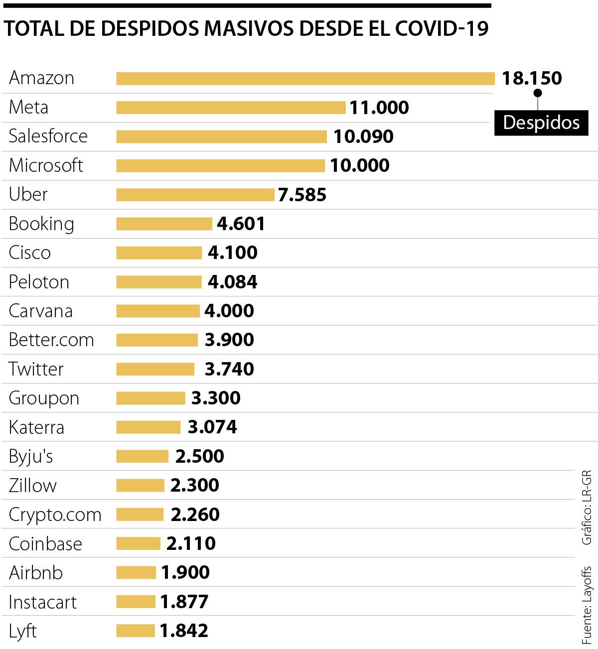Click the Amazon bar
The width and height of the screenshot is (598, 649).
click(x=305, y=79)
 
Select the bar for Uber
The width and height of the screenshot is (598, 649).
click(x=195, y=195)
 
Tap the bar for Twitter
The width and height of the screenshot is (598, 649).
click(x=155, y=369)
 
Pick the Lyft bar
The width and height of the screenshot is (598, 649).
click(x=136, y=631)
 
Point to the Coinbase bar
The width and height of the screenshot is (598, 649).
click(x=138, y=543)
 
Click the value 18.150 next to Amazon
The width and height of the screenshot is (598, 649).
click(x=532, y=78)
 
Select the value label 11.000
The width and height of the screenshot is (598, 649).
click(x=379, y=108)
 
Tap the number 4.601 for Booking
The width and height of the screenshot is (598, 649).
click(x=241, y=224)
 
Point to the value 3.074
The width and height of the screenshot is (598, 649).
click(x=212, y=427)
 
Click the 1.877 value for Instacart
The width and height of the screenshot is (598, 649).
click(x=184, y=602)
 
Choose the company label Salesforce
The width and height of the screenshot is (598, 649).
click(x=48, y=136)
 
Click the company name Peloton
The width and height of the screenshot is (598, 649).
click(x=39, y=282)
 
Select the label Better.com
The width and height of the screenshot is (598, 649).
click(x=51, y=340)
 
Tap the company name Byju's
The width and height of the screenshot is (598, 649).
click(x=31, y=456)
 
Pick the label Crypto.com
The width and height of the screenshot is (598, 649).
click(x=55, y=515)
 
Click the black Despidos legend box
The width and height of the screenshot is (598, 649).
click(x=541, y=123)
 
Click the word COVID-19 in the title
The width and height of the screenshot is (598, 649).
click(x=442, y=29)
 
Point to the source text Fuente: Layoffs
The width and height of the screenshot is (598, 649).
click(x=588, y=605)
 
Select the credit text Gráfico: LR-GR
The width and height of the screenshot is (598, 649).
click(x=587, y=507)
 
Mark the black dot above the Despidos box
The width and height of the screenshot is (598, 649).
click(x=537, y=93)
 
